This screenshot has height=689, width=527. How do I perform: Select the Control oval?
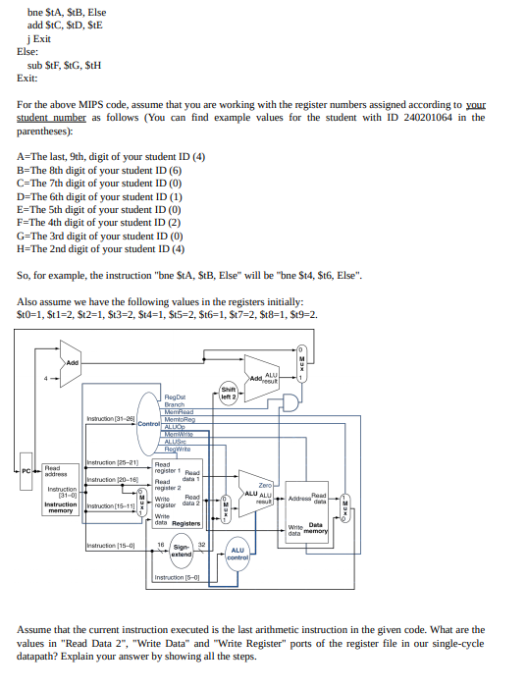pos(147,423)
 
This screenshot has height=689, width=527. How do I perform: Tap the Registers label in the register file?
pos(185,523)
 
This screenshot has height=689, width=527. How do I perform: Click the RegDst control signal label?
pos(176,398)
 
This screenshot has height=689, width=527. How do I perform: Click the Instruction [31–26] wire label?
pos(110,419)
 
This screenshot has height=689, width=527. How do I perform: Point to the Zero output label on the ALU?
pos(264,485)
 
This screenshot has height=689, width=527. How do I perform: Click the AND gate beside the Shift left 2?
pos(290,401)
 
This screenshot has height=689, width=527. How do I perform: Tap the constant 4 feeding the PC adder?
pos(42,377)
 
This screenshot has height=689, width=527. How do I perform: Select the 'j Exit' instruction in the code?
pos(39,38)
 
